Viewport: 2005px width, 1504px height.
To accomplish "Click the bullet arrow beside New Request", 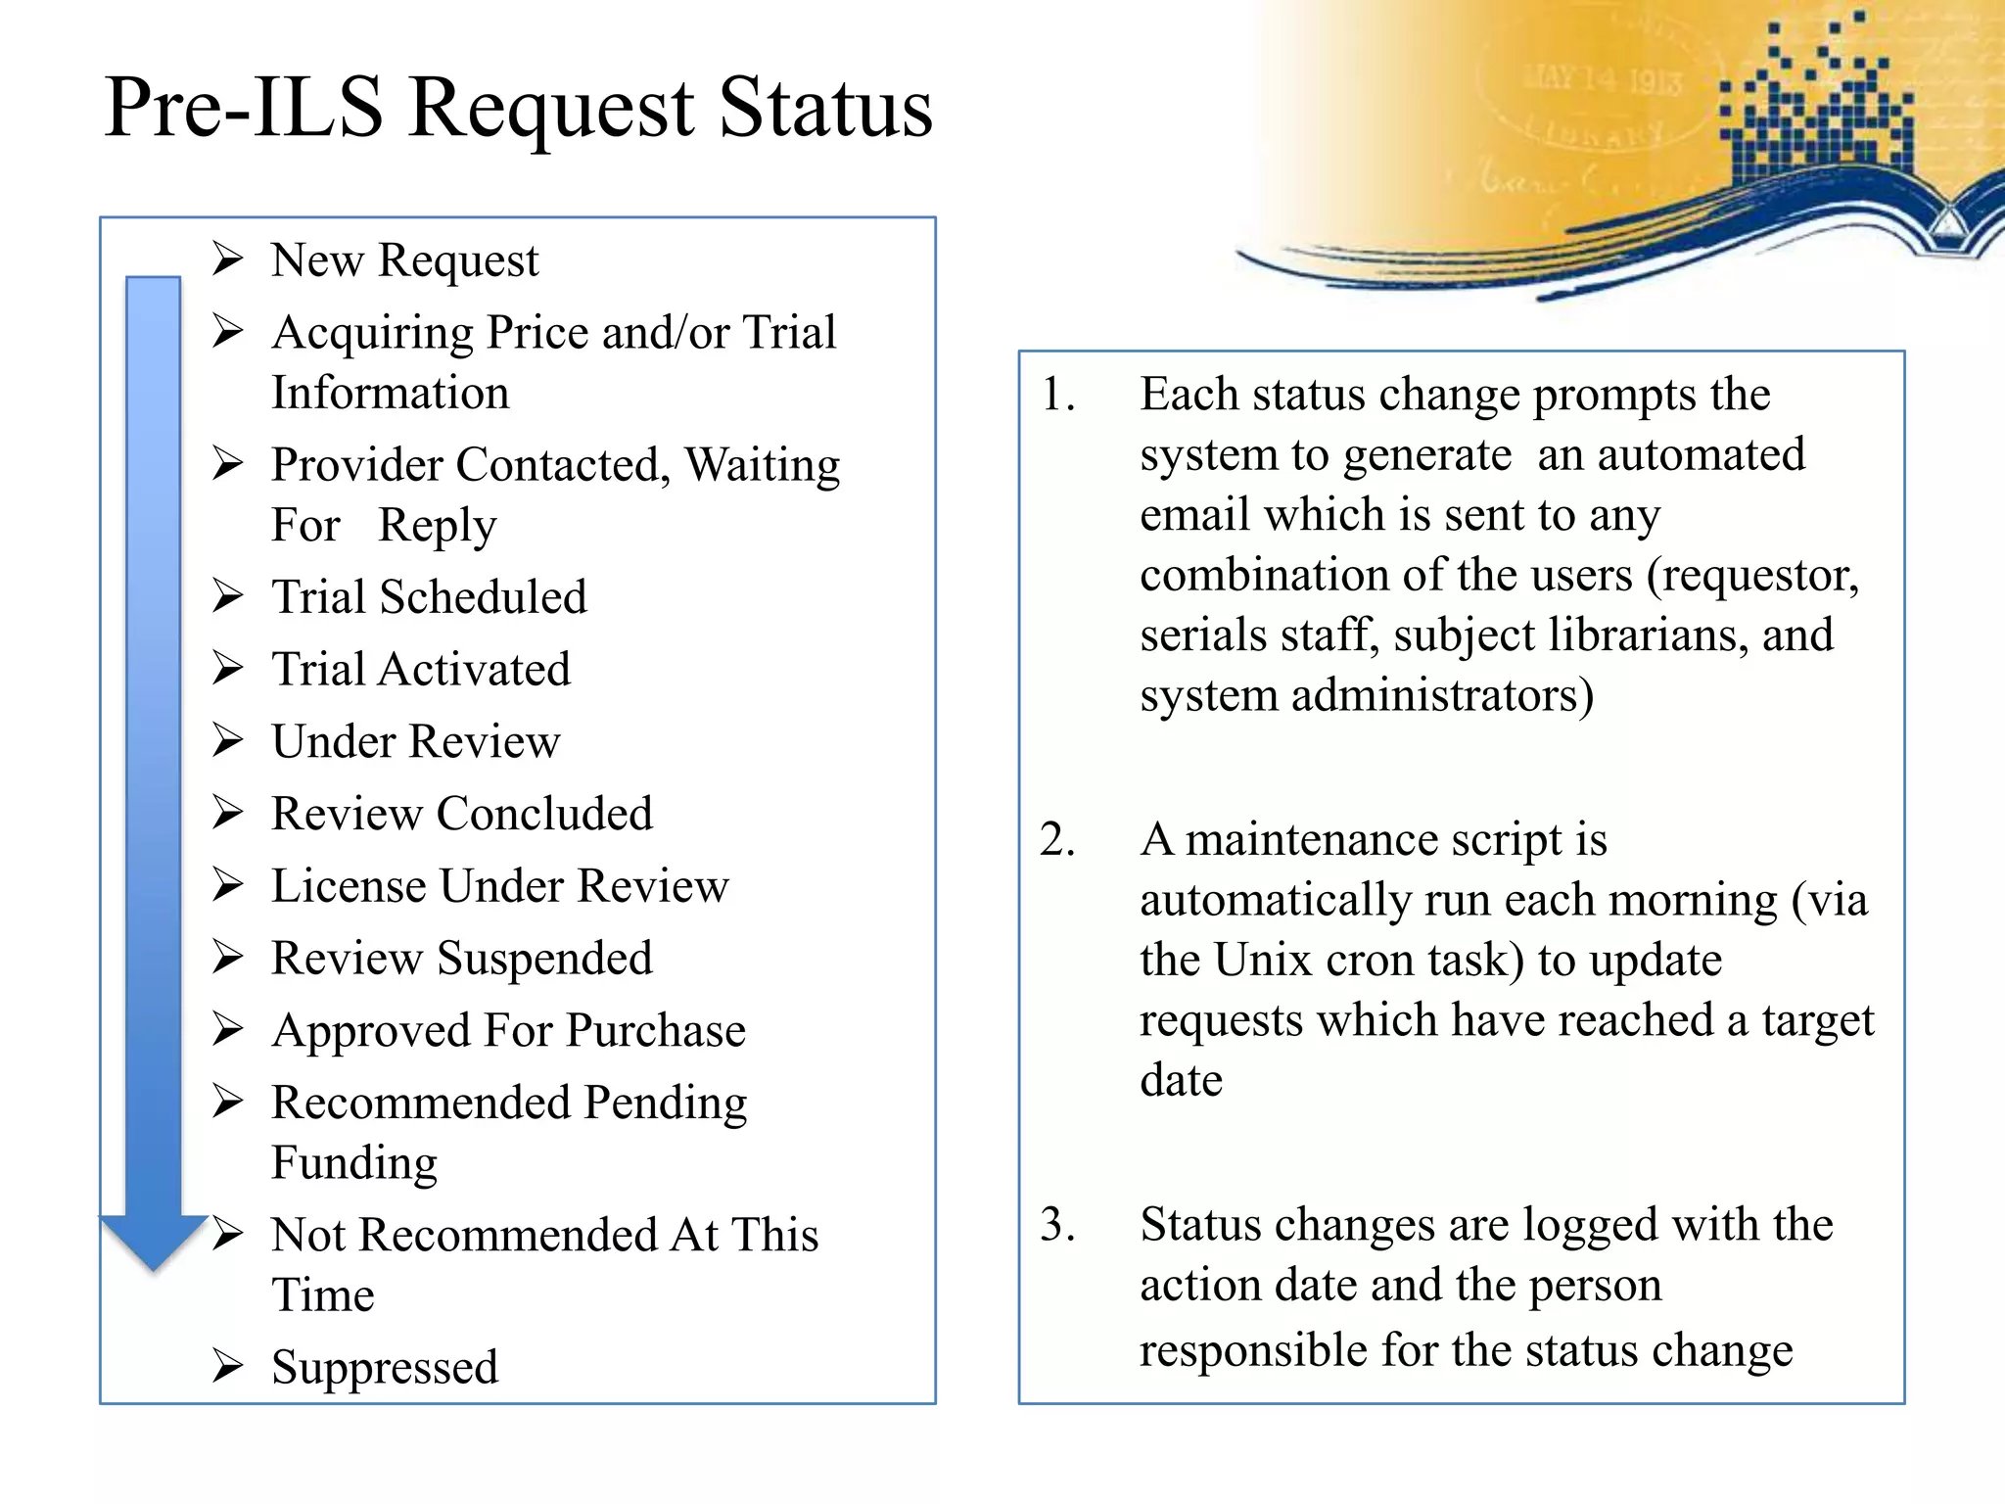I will pos(228,259).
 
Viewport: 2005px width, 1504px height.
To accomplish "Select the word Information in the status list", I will pos(391,393).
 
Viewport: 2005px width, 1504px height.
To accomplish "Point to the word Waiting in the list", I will pos(762,465).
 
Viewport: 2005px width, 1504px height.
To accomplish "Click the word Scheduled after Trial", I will pos(484,597).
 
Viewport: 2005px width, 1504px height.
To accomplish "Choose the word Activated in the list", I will pos(475,670).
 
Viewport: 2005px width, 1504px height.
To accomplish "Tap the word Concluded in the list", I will pos(544,814).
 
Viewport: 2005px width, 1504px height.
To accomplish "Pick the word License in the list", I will pos(348,886).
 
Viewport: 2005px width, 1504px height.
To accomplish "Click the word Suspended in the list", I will pos(544,959).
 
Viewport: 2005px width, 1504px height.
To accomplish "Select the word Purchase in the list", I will pos(656,1031).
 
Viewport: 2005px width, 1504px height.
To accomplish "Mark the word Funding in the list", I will pos(354,1163).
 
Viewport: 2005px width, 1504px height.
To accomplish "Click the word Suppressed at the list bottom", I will pos(385,1367).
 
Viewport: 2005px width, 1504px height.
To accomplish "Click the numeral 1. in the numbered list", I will pos(1058,395).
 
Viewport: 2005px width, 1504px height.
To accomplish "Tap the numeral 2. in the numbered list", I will pos(1058,840).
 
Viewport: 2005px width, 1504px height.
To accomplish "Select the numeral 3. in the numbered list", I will pos(1058,1225).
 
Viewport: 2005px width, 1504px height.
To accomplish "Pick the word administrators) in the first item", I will pos(1442,696).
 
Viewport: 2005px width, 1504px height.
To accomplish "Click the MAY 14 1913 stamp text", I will pos(1603,78).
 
